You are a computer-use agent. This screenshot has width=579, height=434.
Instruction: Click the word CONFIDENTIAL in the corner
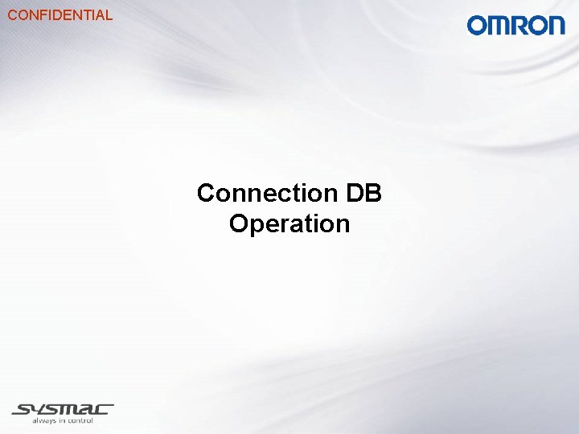pos(60,14)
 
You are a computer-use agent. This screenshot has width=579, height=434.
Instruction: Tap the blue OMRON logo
pos(516,26)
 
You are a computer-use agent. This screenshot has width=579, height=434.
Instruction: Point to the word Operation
pos(289,223)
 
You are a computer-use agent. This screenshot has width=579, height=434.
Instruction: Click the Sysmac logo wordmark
pos(63,409)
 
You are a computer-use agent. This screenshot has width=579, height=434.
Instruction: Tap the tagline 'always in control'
pos(63,420)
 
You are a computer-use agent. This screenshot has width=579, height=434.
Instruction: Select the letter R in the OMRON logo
pos(518,26)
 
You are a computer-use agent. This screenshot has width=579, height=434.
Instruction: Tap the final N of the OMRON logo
pos(556,26)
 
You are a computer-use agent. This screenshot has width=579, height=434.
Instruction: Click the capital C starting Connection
pos(207,193)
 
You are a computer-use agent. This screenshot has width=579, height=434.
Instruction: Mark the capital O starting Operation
pos(240,223)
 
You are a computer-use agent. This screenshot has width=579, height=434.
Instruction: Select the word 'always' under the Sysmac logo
pos(44,420)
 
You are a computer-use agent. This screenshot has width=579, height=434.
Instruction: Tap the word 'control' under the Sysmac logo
pos(80,420)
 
